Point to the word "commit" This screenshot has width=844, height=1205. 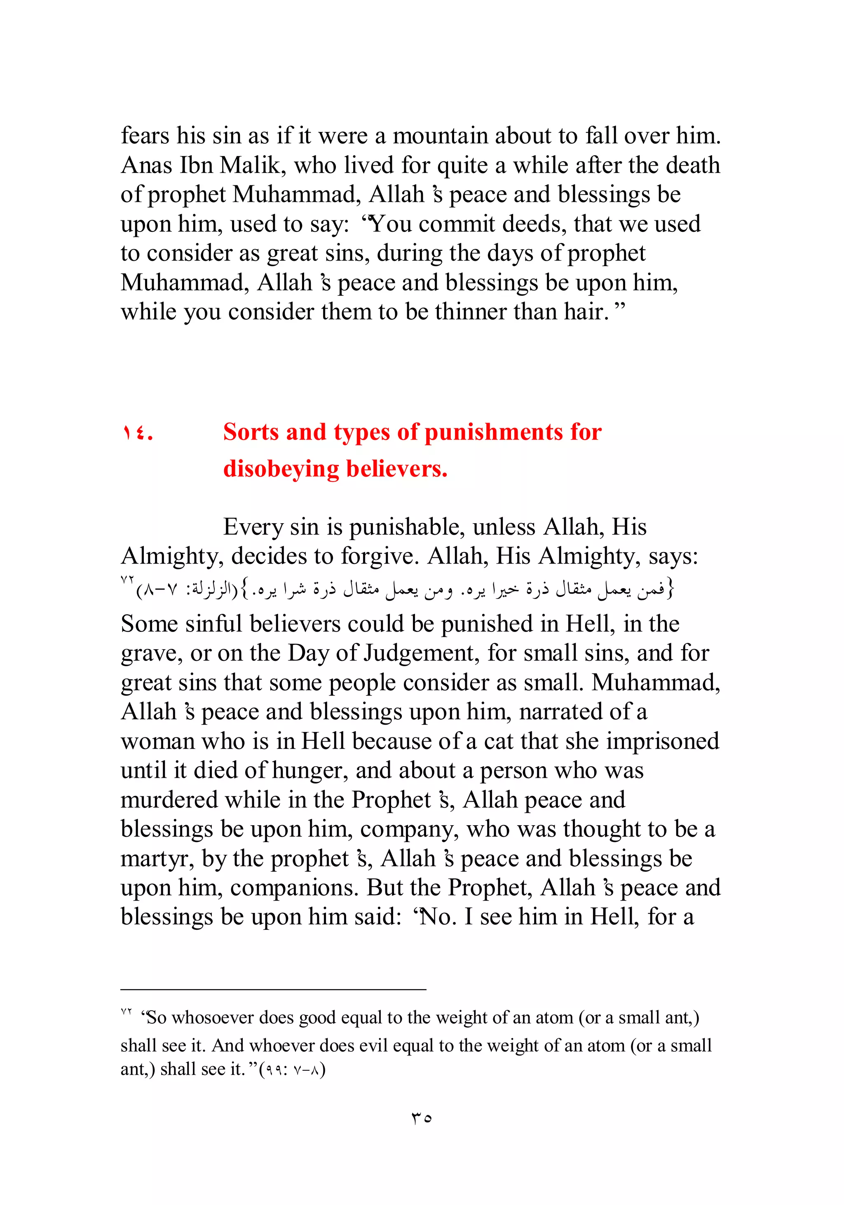(456, 224)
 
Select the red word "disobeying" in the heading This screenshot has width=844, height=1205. (281, 469)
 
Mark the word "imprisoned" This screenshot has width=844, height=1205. (662, 741)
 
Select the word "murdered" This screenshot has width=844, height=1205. (169, 800)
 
